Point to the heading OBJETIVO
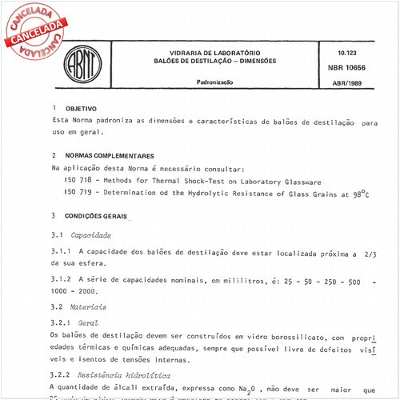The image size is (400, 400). tap(81, 107)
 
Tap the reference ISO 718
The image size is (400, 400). tap(78, 182)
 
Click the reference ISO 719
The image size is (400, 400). tap(78, 193)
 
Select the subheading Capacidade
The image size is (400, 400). tap(90, 235)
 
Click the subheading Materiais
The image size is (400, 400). tap(87, 306)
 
